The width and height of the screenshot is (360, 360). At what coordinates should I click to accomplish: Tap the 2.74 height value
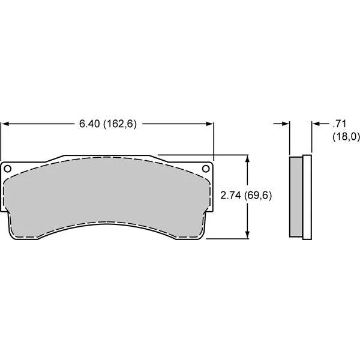(x=232, y=196)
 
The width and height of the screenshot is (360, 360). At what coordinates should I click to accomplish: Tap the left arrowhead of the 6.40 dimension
(x=5, y=124)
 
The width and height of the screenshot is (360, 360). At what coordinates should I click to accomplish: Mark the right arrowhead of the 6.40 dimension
(x=209, y=124)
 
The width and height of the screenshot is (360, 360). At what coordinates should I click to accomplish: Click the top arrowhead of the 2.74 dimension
(x=248, y=158)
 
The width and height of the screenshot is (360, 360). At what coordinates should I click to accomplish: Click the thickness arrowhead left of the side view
(x=286, y=124)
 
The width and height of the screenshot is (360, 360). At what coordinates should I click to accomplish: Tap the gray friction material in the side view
(x=296, y=196)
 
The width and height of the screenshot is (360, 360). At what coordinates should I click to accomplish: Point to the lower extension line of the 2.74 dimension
(x=228, y=238)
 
